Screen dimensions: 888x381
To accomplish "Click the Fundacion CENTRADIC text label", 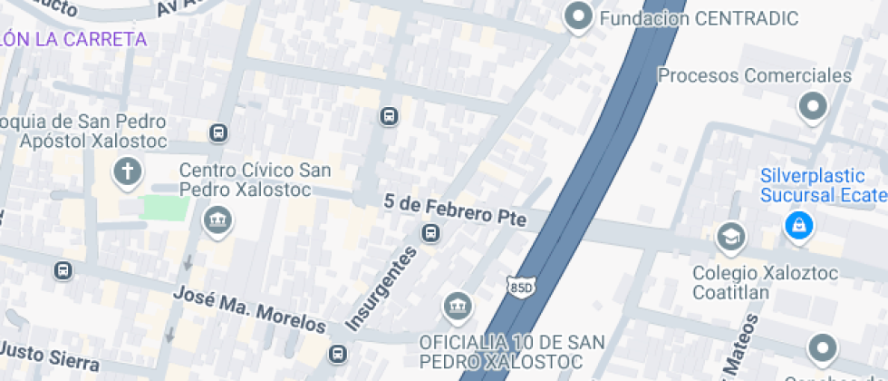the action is pos(699,18).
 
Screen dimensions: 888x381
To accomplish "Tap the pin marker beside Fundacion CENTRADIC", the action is pos(577,17).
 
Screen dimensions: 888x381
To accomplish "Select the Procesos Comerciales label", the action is pos(755,75).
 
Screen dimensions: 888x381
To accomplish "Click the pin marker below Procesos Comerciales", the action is pos(812,107).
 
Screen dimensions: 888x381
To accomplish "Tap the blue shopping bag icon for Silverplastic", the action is pos(798,223).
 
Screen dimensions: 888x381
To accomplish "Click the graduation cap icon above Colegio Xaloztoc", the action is pos(729,238).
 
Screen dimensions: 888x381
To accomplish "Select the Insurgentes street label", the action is pos(381,288).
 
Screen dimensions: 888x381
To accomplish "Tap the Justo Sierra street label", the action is pos(49,357).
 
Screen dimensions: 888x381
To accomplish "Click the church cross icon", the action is pos(128,171).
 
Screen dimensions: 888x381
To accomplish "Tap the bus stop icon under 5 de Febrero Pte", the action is pos(430,234).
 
